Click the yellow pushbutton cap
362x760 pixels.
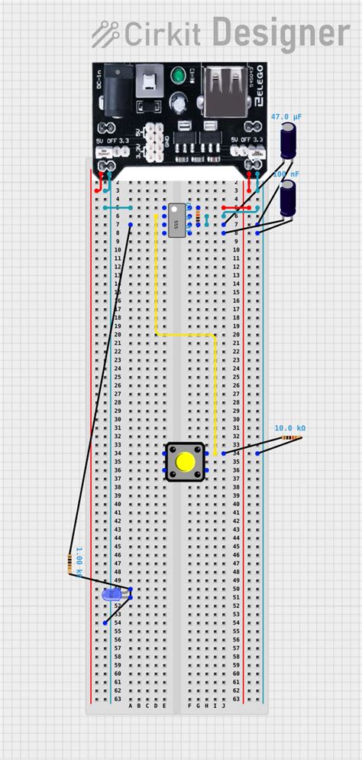[185, 462]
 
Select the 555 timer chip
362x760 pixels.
[177, 219]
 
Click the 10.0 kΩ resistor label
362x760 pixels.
[289, 428]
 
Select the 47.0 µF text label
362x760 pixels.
[286, 116]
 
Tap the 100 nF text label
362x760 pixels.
[286, 174]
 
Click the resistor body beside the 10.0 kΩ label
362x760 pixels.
[291, 437]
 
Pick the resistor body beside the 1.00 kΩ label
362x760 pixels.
[69, 564]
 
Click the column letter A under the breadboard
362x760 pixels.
[131, 706]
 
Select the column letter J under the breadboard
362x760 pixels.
[223, 706]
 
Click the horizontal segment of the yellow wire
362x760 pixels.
[186, 335]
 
